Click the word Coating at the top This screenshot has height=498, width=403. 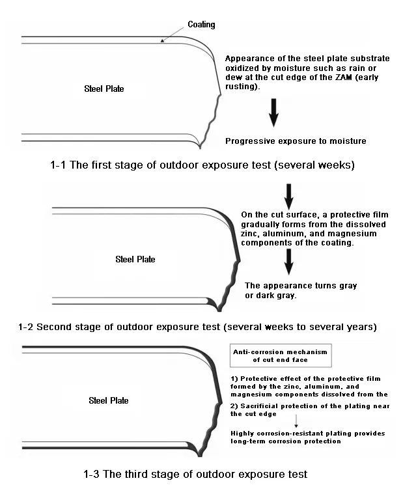pos(201,25)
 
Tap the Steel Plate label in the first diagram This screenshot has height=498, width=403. pos(104,89)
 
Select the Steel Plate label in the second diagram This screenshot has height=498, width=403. pos(135,259)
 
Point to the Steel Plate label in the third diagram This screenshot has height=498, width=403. pos(108,400)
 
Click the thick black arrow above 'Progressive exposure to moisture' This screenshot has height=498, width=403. pos(274,112)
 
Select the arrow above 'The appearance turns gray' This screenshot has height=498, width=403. pos(289,262)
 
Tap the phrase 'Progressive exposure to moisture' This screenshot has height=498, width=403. pos(296,141)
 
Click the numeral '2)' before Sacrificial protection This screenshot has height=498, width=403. pos(236,405)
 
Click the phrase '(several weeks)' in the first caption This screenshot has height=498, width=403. pos(316,165)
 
